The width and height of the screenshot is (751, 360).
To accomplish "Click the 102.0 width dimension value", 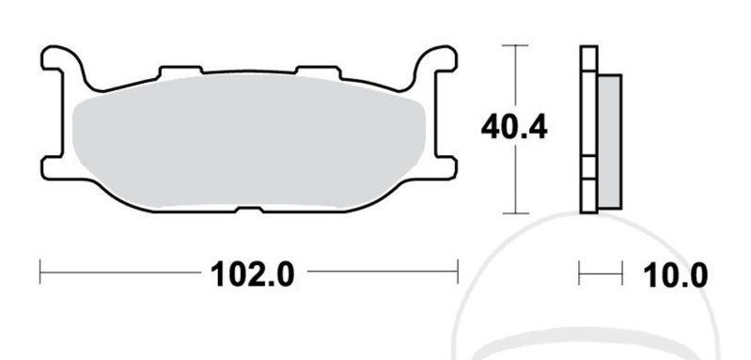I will tap(255, 274).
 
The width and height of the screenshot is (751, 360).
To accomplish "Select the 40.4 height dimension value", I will tap(515, 128).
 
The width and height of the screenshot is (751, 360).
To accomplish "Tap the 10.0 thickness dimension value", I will tap(671, 274).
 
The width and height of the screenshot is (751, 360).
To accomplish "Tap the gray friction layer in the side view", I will tap(608, 141).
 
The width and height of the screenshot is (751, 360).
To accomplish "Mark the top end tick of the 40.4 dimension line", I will tap(514, 45).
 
